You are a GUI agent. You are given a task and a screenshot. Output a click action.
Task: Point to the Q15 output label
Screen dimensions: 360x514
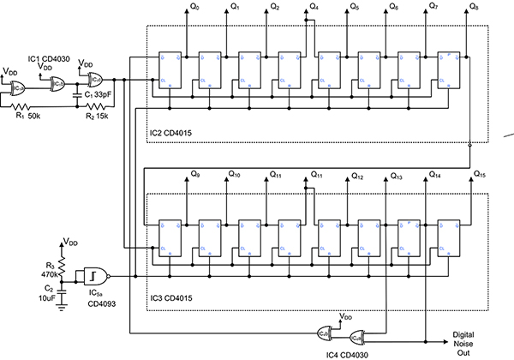click(481, 175)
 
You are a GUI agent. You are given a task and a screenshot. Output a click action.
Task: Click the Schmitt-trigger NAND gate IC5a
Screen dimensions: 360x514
click(97, 276)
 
